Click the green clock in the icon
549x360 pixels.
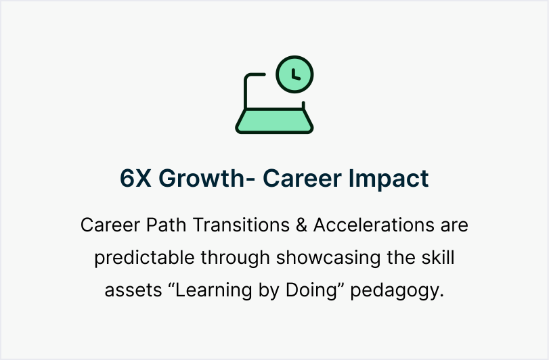(x=294, y=74)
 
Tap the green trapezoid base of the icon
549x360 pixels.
(x=274, y=121)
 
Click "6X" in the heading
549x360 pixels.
(x=135, y=178)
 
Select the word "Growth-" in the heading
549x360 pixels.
(x=206, y=178)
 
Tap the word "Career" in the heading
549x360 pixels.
(x=302, y=179)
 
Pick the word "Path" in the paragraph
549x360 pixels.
(x=166, y=225)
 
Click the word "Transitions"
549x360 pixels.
(x=241, y=225)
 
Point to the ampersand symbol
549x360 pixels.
(x=301, y=225)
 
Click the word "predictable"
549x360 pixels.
(x=144, y=258)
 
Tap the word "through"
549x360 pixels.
(x=236, y=258)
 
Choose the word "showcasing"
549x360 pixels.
(x=328, y=258)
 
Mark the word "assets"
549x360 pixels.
(x=133, y=291)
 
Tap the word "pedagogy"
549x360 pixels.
(x=395, y=291)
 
